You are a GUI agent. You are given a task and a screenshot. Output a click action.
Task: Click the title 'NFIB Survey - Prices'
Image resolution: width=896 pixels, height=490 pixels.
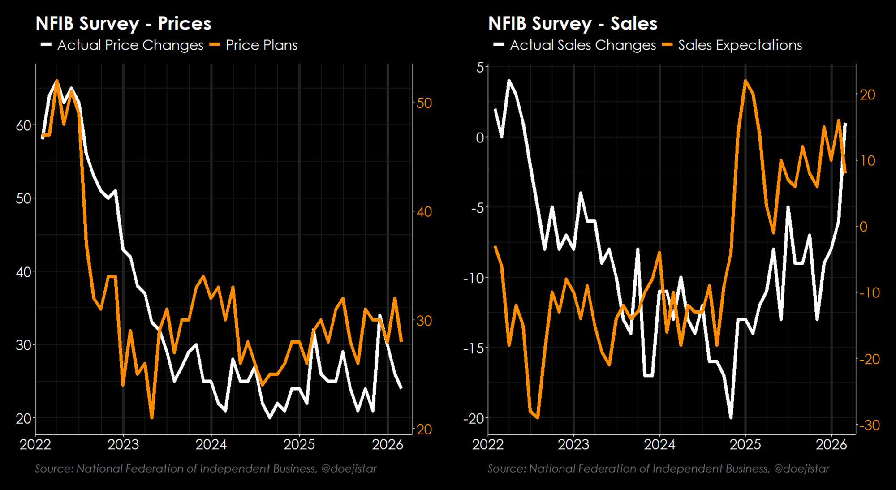[123, 24]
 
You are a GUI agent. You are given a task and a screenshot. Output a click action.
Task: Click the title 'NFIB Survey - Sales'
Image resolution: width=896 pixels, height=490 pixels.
[573, 24]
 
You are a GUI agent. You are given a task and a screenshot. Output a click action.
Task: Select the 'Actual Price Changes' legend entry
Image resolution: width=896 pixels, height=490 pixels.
[130, 45]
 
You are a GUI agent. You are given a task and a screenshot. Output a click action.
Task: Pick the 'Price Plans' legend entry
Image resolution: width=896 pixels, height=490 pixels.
[261, 45]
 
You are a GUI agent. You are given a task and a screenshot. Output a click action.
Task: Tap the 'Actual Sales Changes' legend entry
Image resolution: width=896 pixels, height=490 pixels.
[582, 45]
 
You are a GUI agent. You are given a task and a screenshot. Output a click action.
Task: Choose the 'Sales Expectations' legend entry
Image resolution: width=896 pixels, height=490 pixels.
[740, 45]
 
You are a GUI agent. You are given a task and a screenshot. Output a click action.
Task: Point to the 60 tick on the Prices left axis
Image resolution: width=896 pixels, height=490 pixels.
[24, 125]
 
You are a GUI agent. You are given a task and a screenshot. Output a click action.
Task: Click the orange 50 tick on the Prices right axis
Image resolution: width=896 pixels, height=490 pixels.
[424, 103]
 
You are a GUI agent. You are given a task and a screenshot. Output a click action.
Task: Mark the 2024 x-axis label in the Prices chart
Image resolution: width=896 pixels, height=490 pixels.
[211, 445]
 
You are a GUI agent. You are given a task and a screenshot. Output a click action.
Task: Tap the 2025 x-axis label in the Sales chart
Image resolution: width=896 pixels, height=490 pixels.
[745, 445]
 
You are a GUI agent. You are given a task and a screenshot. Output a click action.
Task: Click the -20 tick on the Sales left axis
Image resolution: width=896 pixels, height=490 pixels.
[474, 418]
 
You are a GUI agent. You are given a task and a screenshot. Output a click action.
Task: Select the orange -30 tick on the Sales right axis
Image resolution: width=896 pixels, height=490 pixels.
[869, 425]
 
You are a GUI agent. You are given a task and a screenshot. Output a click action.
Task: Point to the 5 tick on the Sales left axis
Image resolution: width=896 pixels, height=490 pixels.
[480, 67]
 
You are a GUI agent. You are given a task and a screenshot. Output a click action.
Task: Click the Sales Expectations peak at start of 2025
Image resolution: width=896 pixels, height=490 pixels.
[745, 81]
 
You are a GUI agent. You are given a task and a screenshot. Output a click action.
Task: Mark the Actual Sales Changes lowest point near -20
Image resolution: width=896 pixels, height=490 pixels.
[731, 417]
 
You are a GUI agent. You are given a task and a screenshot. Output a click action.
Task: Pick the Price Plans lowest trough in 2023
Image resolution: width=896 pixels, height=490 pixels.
[152, 417]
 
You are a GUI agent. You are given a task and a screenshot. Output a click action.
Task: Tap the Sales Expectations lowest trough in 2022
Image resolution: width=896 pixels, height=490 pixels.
[537, 417]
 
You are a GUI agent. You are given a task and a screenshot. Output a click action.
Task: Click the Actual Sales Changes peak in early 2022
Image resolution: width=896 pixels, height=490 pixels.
[509, 81]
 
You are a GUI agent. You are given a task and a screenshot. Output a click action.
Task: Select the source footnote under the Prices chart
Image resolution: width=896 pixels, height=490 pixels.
[206, 469]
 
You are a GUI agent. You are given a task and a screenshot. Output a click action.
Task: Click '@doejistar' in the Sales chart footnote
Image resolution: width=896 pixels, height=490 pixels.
[801, 469]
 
